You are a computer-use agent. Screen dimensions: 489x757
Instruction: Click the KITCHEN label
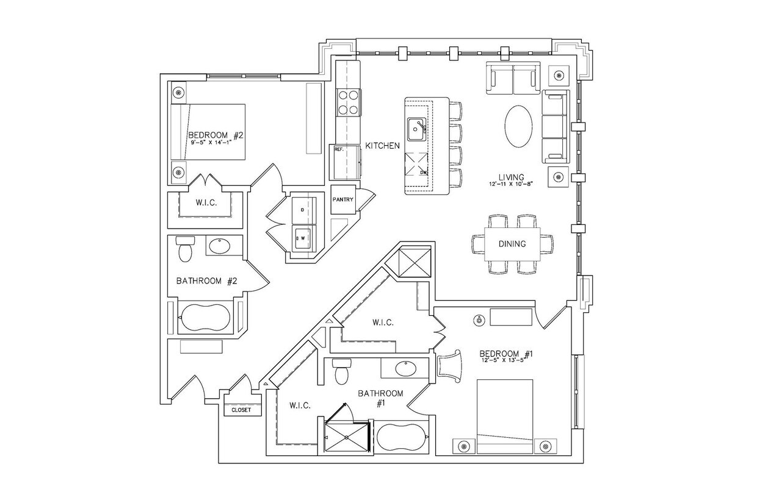(382, 146)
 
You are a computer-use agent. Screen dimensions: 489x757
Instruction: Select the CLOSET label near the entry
(241, 410)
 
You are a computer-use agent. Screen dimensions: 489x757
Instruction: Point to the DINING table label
(512, 244)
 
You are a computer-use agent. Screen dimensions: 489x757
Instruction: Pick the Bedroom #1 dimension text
(502, 360)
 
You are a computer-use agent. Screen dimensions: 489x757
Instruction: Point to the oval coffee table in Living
(521, 126)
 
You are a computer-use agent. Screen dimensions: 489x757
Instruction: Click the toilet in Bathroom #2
(184, 250)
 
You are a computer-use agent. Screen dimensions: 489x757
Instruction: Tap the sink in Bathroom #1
(404, 369)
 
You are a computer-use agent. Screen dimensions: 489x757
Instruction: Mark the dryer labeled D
(302, 210)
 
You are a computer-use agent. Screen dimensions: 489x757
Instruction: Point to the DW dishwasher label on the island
(422, 173)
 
